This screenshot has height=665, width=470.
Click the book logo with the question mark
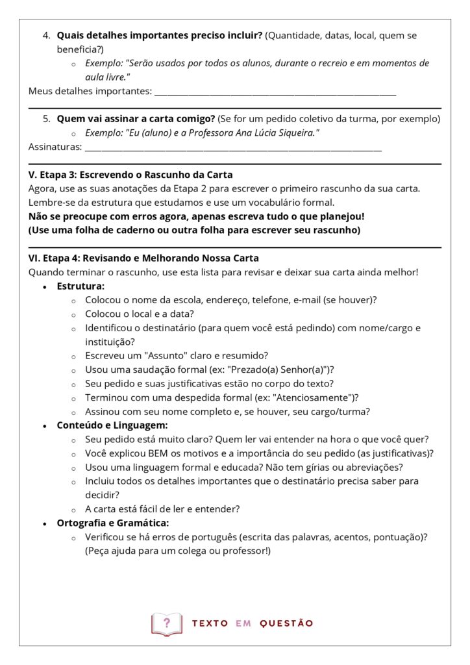coord(167,624)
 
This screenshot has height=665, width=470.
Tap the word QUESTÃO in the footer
coord(286,623)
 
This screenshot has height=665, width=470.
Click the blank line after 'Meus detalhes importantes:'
coord(275,92)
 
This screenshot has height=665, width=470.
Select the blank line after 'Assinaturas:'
coord(233,148)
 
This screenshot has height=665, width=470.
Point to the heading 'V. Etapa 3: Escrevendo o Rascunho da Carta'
coord(130,175)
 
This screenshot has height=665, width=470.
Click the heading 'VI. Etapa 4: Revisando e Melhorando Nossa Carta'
coord(143,258)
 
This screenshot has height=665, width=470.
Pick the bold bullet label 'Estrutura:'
coord(80,286)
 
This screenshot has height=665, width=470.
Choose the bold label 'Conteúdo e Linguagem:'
coord(112,425)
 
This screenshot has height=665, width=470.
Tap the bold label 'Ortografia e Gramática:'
coord(114,523)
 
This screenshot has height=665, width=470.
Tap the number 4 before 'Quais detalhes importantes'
coord(45,35)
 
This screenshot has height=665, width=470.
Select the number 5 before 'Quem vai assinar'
coord(45,119)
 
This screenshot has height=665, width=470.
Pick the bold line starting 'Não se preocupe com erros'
coord(196,216)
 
